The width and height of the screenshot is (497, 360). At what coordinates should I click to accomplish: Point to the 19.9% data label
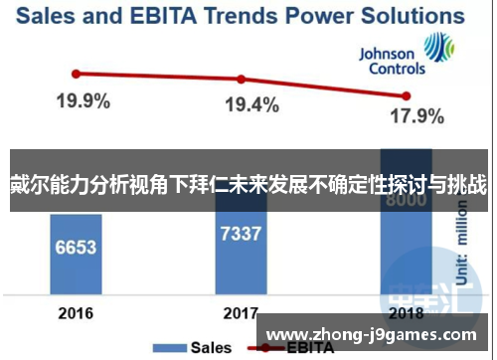coord(83,101)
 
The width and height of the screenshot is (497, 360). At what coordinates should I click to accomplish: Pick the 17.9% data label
coord(415,117)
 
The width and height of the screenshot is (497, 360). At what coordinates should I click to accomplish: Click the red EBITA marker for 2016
coord(76,73)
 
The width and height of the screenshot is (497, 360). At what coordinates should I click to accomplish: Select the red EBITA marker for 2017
coord(240,80)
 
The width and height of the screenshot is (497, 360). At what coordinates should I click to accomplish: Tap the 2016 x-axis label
coord(76,313)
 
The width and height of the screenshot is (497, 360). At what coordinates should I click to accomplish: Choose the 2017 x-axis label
coord(240,313)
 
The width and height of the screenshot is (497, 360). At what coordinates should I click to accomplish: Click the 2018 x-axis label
coord(406,313)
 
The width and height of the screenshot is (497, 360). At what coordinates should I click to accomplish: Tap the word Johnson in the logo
coord(388,55)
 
